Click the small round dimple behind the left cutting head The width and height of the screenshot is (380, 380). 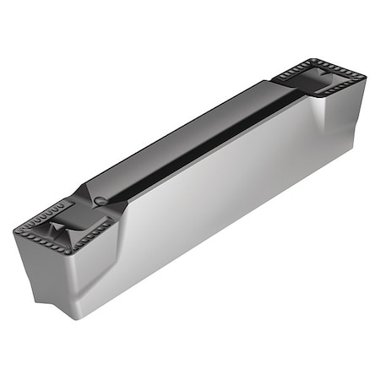click(100, 199)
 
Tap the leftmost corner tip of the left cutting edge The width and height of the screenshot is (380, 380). click(15, 230)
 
